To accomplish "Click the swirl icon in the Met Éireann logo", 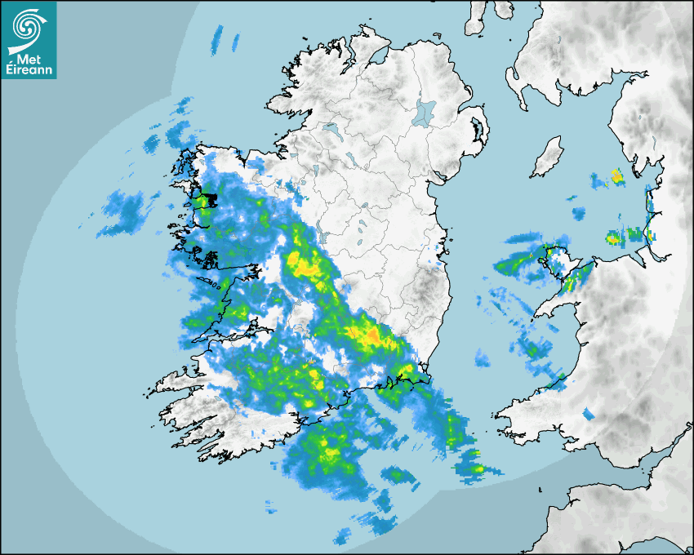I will [26, 25].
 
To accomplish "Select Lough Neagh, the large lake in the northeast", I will [424, 112].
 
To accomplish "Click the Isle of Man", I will [548, 158].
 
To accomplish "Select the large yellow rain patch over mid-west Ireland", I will [304, 264].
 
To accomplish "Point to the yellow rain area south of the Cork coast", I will [330, 449].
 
